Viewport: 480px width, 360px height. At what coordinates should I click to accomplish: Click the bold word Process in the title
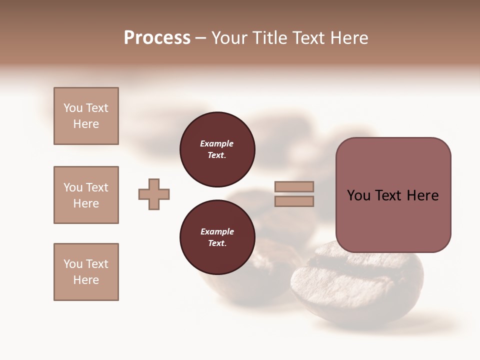pyautogui.click(x=157, y=38)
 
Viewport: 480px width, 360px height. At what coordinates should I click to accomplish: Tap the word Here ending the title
pyautogui.click(x=348, y=38)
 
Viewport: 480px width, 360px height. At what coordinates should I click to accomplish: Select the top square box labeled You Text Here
pyautogui.click(x=86, y=116)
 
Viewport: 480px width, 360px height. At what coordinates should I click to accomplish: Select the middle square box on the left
pyautogui.click(x=86, y=195)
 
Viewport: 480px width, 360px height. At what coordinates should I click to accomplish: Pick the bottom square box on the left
pyautogui.click(x=86, y=272)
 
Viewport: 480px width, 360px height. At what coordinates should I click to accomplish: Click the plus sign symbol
pyautogui.click(x=154, y=194)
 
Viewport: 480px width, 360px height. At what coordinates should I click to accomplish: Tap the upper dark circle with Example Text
pyautogui.click(x=217, y=149)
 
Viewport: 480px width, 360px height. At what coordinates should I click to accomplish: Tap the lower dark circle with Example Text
pyautogui.click(x=217, y=237)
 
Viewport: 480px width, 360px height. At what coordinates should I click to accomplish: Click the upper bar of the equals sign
pyautogui.click(x=294, y=186)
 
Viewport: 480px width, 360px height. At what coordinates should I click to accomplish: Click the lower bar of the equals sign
pyautogui.click(x=294, y=201)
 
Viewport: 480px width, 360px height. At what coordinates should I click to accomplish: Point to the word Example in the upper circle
pyautogui.click(x=217, y=143)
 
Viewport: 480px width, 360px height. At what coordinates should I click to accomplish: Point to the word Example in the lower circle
pyautogui.click(x=217, y=231)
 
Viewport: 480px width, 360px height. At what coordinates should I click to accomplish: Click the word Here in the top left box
pyautogui.click(x=86, y=124)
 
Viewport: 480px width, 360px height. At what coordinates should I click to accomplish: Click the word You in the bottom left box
pyautogui.click(x=73, y=264)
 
